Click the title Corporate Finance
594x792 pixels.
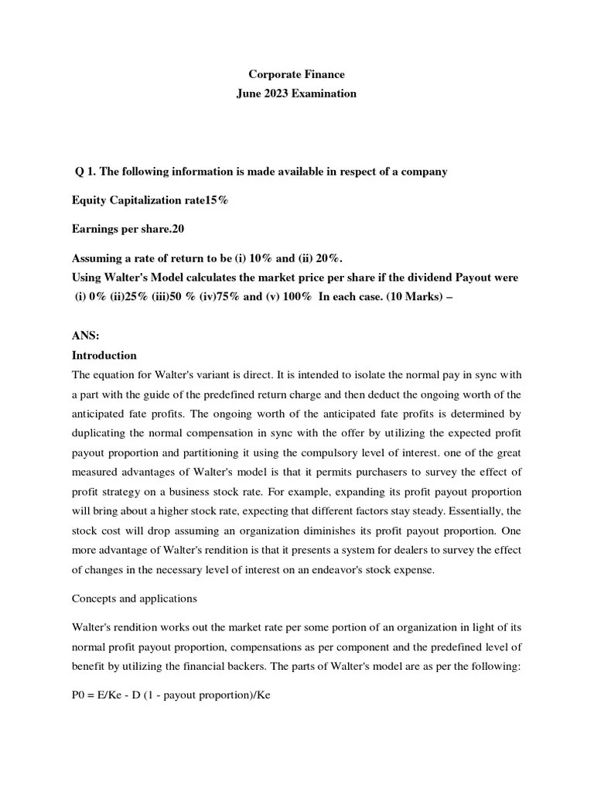[x=296, y=75]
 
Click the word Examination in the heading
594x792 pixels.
[x=325, y=94]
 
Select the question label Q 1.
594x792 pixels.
[x=84, y=172]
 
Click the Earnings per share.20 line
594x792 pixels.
[x=128, y=230]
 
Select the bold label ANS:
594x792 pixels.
[x=85, y=336]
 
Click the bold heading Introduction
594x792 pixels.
[x=104, y=356]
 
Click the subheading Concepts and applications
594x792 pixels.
[x=135, y=599]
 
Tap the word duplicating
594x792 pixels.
[x=102, y=433]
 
